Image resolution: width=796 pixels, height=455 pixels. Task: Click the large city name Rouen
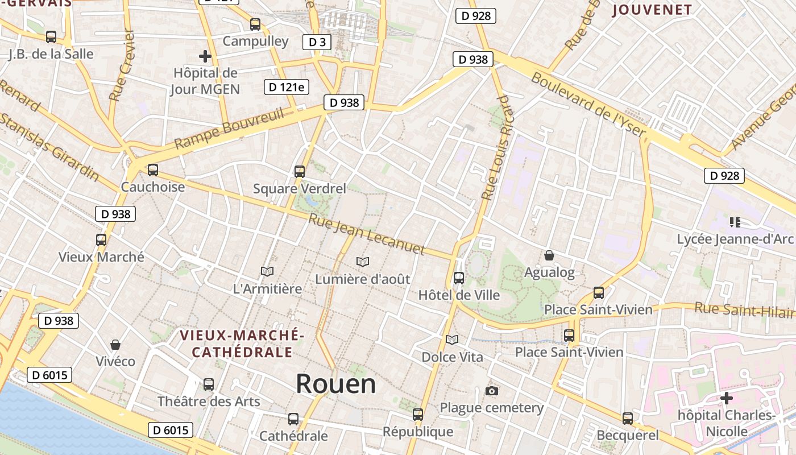[335, 384]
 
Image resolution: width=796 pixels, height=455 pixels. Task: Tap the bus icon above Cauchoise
[152, 169]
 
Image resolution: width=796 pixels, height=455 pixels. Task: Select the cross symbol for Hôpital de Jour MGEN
[205, 56]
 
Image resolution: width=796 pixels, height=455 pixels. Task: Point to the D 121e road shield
[287, 87]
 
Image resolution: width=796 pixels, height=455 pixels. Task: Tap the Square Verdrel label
[299, 188]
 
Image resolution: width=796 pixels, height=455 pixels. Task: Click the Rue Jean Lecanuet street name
[367, 234]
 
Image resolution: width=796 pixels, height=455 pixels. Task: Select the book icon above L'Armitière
[267, 271]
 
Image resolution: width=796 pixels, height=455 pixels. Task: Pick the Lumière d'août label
[363, 279]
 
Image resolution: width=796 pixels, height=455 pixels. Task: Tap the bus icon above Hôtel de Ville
[458, 278]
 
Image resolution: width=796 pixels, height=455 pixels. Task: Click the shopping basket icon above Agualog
[549, 255]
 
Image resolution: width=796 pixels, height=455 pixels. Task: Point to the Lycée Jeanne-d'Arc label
[735, 239]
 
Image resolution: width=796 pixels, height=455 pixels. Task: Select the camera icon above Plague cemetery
[492, 391]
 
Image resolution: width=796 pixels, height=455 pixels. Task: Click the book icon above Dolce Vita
[452, 340]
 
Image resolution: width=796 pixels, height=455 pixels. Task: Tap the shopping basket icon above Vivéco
[115, 345]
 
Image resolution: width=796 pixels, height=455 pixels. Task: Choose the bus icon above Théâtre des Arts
[209, 384]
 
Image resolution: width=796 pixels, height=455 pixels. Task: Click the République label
[418, 432]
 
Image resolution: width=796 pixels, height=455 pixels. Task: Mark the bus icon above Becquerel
[627, 419]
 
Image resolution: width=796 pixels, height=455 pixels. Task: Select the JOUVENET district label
[652, 10]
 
